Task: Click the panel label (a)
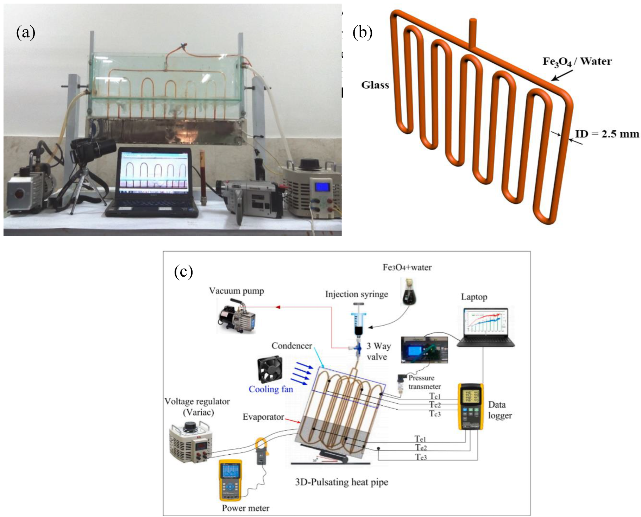tap(26, 33)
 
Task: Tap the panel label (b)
tap(362, 33)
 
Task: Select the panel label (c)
tap(183, 272)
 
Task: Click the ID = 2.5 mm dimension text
tap(607, 134)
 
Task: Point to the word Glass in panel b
tap(375, 85)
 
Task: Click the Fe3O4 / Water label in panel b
tap(577, 62)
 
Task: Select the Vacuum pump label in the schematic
tap(236, 291)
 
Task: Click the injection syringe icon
tap(358, 320)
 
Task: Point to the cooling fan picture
tap(270, 369)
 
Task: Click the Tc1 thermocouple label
tap(435, 396)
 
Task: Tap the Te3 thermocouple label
tap(421, 457)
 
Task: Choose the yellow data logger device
tap(470, 406)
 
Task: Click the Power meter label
tap(245, 508)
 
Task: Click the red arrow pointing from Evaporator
tap(293, 420)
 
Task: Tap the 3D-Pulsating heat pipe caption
tap(341, 482)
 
